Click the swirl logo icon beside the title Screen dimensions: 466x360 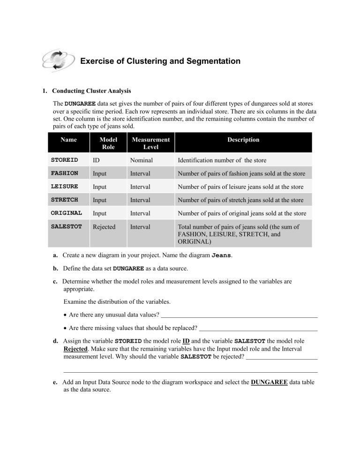coord(57,61)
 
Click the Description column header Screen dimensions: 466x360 coord(243,140)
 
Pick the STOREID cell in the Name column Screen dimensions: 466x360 coord(64,160)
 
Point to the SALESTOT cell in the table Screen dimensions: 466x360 coord(66,226)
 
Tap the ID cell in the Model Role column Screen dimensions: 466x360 coord(96,160)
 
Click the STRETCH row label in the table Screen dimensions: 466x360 coord(64,200)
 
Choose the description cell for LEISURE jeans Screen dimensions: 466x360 coord(241,187)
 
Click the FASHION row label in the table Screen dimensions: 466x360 coord(64,174)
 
